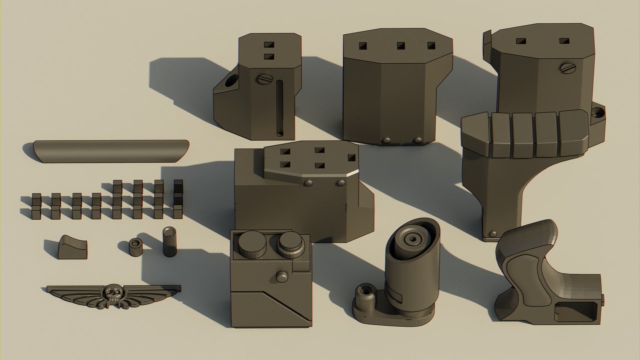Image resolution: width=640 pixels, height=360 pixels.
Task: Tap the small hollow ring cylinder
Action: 135,247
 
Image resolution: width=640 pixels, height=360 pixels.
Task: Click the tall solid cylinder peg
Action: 169,242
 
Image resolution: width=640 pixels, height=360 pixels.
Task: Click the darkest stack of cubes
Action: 178,199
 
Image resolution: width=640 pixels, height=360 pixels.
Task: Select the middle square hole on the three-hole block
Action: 400,45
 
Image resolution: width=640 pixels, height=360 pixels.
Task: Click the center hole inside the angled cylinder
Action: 413,239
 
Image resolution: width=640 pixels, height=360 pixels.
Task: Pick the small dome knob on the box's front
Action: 282,276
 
